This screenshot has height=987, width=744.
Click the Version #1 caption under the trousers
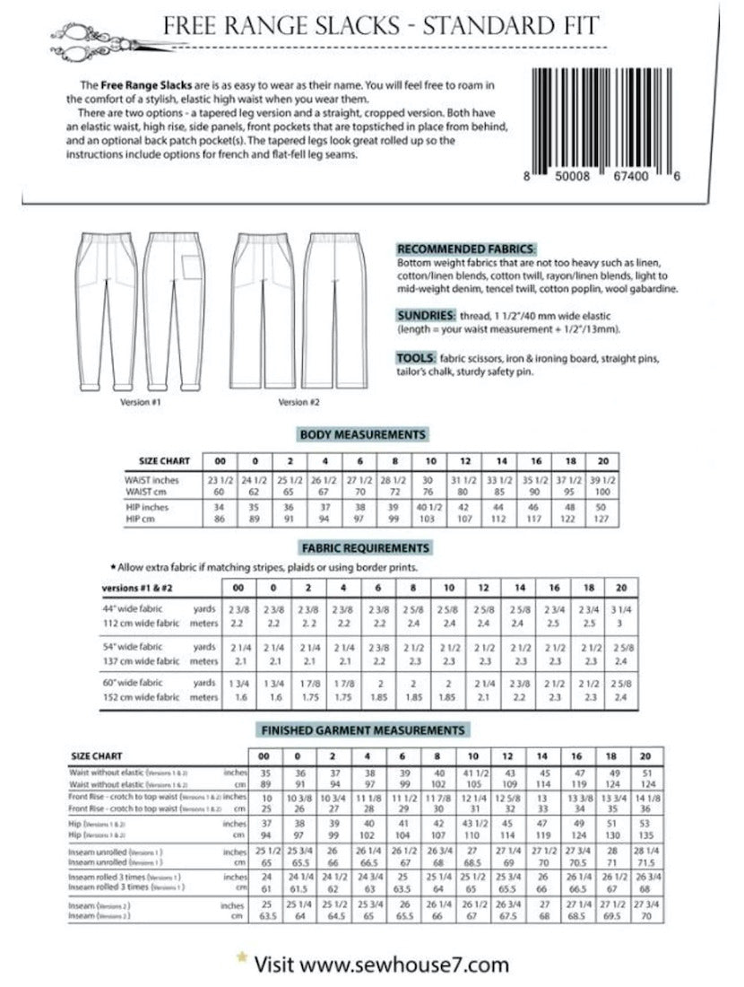point(140,402)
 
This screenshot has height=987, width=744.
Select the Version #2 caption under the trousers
point(298,402)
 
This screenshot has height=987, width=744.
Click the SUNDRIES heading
point(424,316)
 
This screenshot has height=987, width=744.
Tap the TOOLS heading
point(416,357)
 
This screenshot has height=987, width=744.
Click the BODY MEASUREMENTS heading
point(362,434)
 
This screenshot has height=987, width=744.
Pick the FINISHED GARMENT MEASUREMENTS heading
point(362,730)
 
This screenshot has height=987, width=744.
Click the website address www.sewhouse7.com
point(406,965)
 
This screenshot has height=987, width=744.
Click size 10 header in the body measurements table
point(430,460)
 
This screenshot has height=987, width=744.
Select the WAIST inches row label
point(152,480)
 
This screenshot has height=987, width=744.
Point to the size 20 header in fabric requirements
point(620,588)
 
